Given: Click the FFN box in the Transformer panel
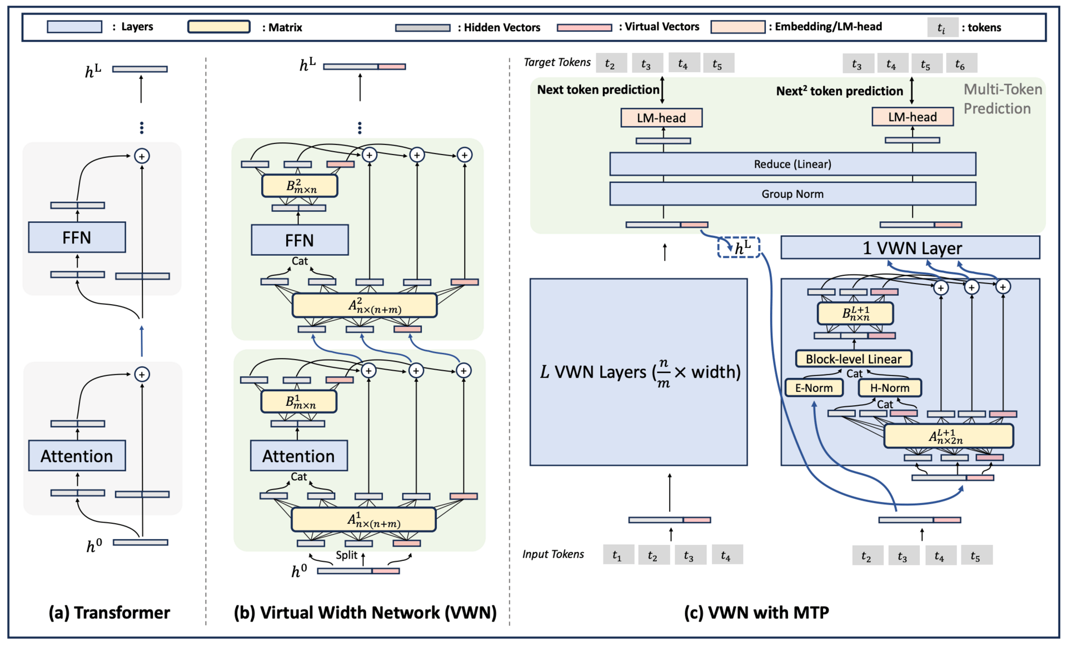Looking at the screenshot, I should pyautogui.click(x=77, y=237).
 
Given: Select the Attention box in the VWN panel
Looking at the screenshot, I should pyautogui.click(x=298, y=456).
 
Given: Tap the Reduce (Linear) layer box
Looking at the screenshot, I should pyautogui.click(x=792, y=164).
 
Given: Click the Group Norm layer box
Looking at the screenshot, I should pyautogui.click(x=792, y=194).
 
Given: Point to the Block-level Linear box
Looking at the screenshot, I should pyautogui.click(x=854, y=359).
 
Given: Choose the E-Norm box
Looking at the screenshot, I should pyautogui.click(x=814, y=388).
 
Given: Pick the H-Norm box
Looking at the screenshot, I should pyautogui.click(x=890, y=388).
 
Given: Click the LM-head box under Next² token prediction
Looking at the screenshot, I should pyautogui.click(x=913, y=117).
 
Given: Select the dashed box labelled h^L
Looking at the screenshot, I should pyautogui.click(x=739, y=247).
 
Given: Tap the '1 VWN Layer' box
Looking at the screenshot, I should pyautogui.click(x=910, y=248).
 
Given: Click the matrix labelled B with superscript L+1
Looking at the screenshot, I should pyautogui.click(x=855, y=314).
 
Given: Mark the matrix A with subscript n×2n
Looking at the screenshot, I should pyautogui.click(x=948, y=436).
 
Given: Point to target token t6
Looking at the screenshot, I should pyautogui.click(x=960, y=64).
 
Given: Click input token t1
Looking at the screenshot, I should pyautogui.click(x=618, y=555).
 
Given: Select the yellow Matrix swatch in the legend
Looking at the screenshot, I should pyautogui.click(x=219, y=27).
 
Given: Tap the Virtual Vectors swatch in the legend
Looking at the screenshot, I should pyautogui.click(x=584, y=27).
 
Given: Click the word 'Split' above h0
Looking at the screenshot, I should pyautogui.click(x=346, y=555).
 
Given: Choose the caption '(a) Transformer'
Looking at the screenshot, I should pyautogui.click(x=109, y=612).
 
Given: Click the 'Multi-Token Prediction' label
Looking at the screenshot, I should pyautogui.click(x=1002, y=99).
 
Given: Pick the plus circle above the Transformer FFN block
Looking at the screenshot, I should pyautogui.click(x=142, y=156).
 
